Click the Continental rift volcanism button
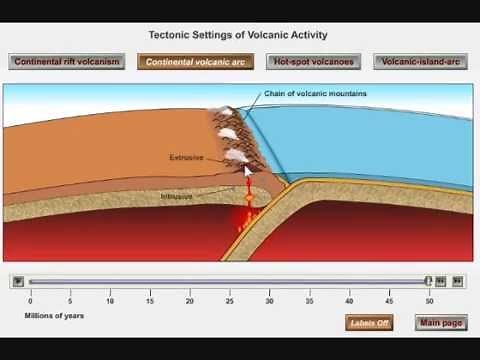pyautogui.click(x=67, y=61)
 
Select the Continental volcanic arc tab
pyautogui.click(x=196, y=61)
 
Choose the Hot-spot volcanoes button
pyautogui.click(x=313, y=61)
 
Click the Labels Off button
pyautogui.click(x=368, y=323)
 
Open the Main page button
pyautogui.click(x=441, y=323)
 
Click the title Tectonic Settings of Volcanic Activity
pyautogui.click(x=238, y=35)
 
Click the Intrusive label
pyautogui.click(x=177, y=196)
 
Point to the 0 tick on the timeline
pyautogui.click(x=30, y=300)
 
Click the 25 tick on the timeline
pyautogui.click(x=229, y=300)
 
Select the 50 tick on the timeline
pyautogui.click(x=430, y=300)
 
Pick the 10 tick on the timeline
pyautogui.click(x=110, y=300)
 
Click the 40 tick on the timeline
pyautogui.click(x=350, y=300)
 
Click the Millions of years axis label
pyautogui.click(x=55, y=316)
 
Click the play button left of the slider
pyautogui.click(x=17, y=282)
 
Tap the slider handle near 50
pyautogui.click(x=429, y=282)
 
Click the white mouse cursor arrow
pyautogui.click(x=247, y=170)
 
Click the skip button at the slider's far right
pyautogui.click(x=457, y=282)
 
